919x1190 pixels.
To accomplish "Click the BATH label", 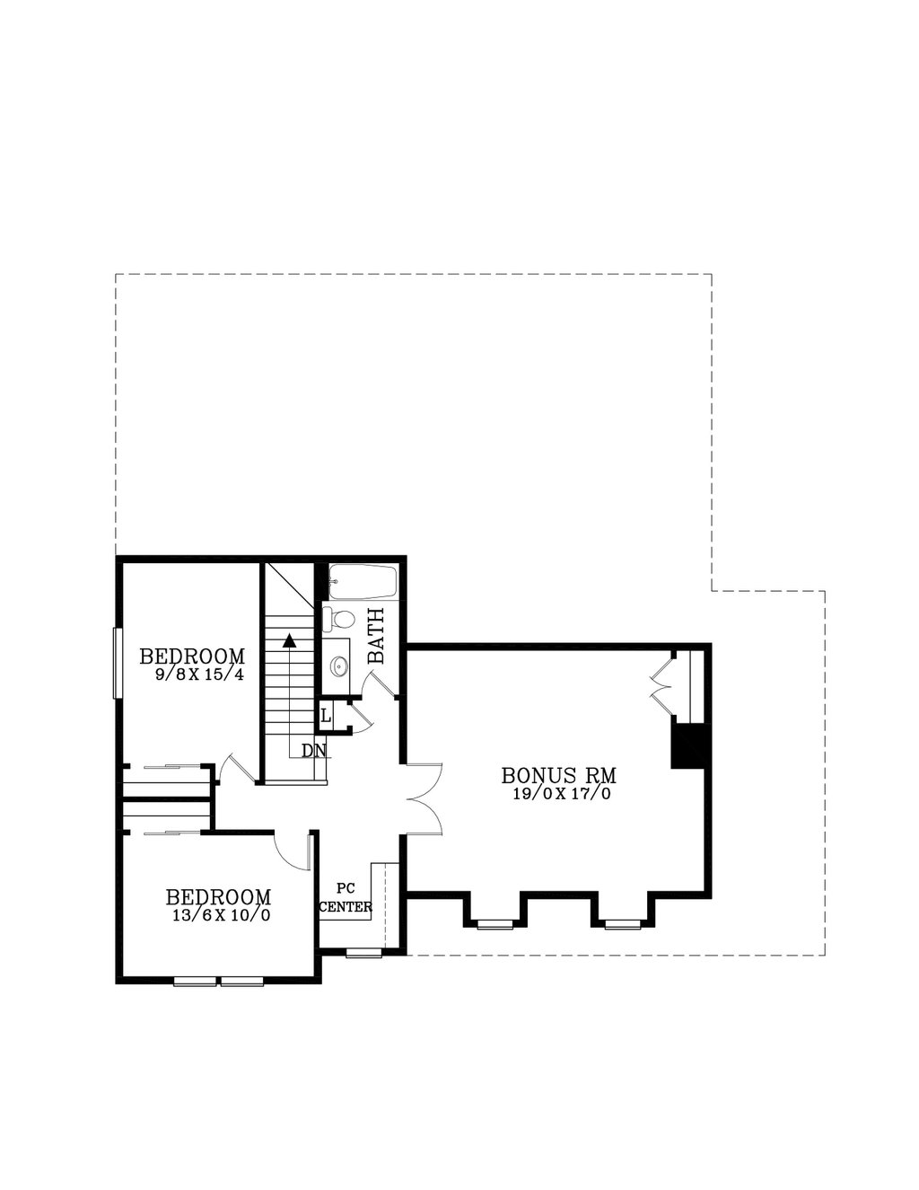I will [x=377, y=636].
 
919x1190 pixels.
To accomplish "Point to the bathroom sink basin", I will [x=339, y=666].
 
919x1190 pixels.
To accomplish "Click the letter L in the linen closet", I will [x=326, y=717].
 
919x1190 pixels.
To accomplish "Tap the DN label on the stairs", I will [x=313, y=750].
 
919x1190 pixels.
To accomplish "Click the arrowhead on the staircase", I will [x=289, y=640].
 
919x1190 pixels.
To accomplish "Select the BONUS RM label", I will [x=559, y=774].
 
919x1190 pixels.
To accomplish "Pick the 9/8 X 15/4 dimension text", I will [x=198, y=674].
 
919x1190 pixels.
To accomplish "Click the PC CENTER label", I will [x=346, y=898].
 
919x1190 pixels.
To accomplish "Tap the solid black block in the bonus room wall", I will [x=688, y=745].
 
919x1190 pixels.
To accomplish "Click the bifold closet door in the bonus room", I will [x=662, y=686].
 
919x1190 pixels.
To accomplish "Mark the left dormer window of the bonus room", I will [x=495, y=923].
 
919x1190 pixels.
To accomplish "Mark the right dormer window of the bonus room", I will [x=619, y=923].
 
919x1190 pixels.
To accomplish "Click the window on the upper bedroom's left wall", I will [x=116, y=662].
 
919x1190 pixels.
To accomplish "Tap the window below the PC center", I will [x=363, y=952].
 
